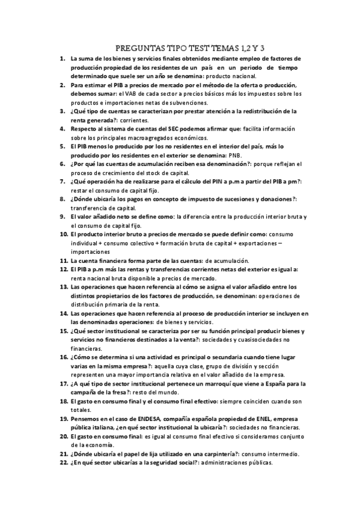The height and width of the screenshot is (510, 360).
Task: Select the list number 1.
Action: (63, 59)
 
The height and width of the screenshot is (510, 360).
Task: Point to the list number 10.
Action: (63, 234)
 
